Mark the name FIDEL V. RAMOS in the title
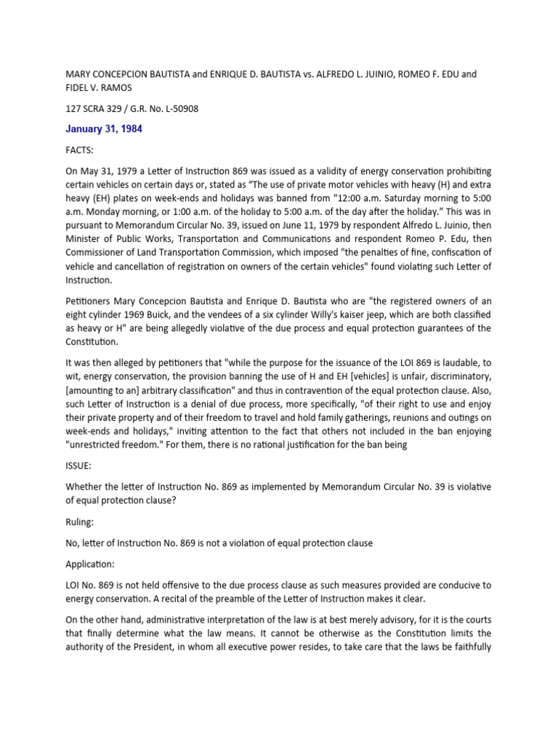102,88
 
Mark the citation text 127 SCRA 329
95,110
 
